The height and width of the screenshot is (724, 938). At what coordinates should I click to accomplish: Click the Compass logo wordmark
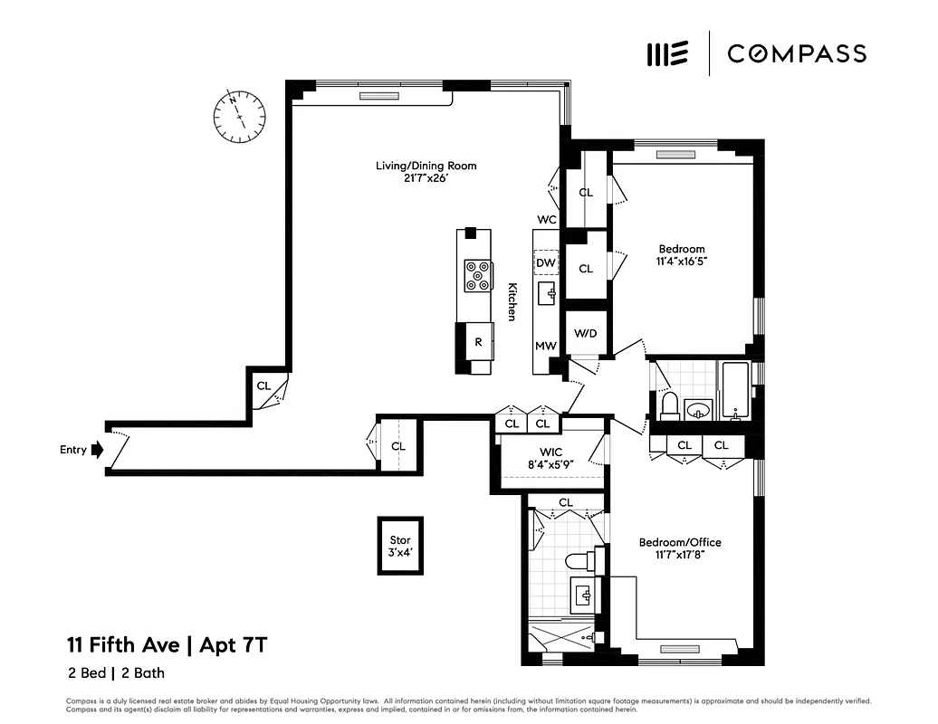pos(797,53)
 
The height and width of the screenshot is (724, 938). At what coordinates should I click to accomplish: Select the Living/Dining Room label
pos(426,166)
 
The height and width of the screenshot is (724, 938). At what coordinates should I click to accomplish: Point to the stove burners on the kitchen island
pos(478,276)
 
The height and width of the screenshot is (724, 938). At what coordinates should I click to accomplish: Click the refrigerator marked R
pos(478,341)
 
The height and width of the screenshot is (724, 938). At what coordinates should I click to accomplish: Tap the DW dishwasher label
pos(545,263)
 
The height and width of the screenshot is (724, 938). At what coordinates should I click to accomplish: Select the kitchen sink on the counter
pos(547,294)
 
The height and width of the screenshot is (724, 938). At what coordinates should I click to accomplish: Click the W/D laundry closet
pos(586,333)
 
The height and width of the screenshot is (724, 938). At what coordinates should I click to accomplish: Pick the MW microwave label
pos(545,346)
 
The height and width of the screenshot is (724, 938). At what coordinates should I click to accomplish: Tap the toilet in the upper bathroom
pos(670,405)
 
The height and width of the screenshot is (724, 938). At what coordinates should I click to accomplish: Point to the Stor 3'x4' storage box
pos(400,546)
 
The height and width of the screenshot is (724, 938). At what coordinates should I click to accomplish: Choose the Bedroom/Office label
pos(680,542)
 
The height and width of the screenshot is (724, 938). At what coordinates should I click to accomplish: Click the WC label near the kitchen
pos(546,220)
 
